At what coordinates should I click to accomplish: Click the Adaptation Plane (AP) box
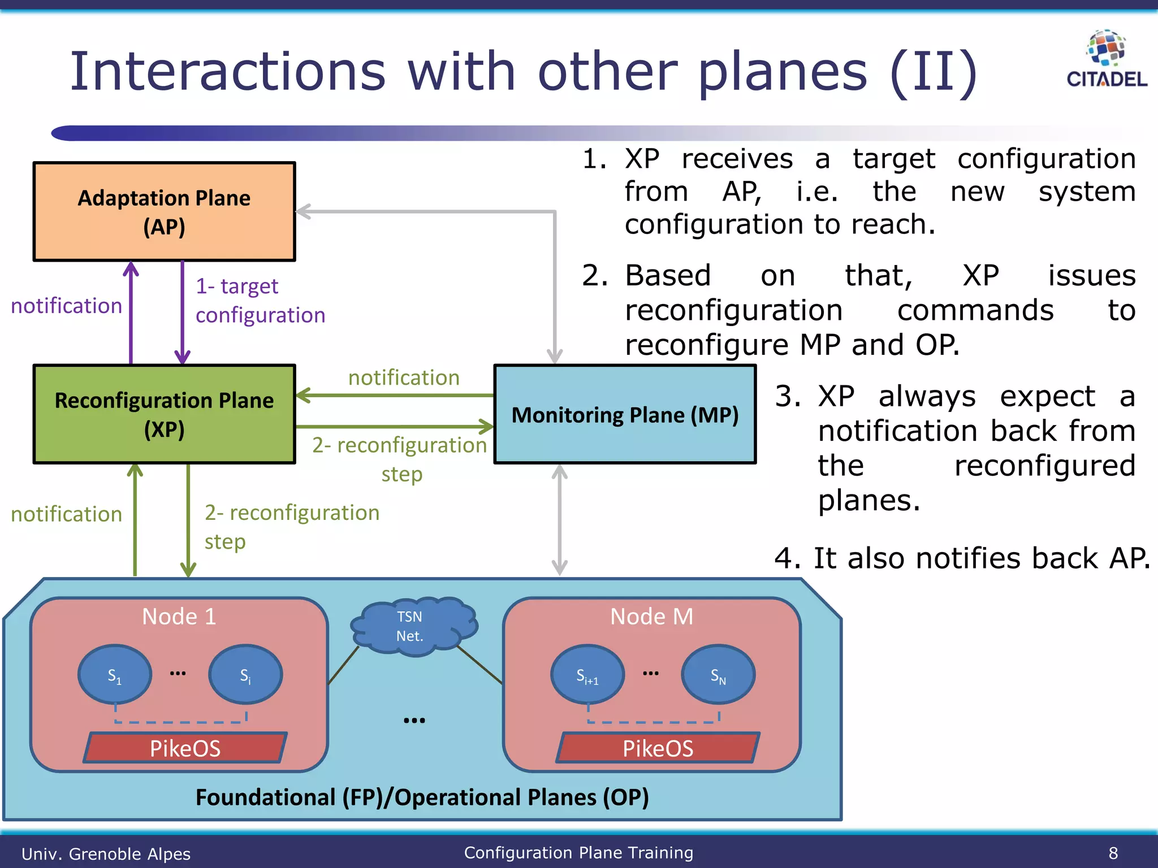click(x=164, y=212)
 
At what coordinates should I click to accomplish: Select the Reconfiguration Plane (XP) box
click(x=164, y=414)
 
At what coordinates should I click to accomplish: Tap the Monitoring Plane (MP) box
click(x=625, y=414)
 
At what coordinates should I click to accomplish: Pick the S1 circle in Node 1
click(x=115, y=675)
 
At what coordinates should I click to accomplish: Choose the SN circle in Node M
click(x=718, y=675)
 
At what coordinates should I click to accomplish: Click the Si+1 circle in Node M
click(x=587, y=675)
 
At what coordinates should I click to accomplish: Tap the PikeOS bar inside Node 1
click(x=185, y=748)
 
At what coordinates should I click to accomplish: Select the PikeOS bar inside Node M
click(x=658, y=748)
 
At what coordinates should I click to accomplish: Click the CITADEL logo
click(x=1107, y=59)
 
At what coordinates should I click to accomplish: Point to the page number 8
click(x=1113, y=853)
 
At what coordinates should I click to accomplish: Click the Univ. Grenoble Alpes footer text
click(x=106, y=853)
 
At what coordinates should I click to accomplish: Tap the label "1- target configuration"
click(x=260, y=301)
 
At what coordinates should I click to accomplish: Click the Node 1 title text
click(x=179, y=616)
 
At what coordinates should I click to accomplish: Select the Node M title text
click(x=651, y=616)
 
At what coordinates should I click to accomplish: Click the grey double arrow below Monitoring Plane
click(x=559, y=520)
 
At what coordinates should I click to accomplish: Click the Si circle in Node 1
click(x=245, y=675)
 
